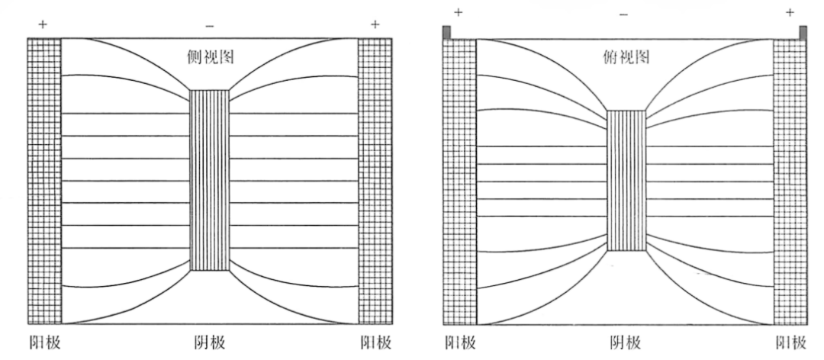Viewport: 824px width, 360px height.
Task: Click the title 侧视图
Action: tap(211, 57)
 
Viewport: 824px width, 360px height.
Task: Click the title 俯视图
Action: tap(626, 57)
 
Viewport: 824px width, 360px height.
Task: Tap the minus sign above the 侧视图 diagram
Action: tap(209, 26)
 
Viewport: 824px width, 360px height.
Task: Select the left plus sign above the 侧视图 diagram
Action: tap(43, 24)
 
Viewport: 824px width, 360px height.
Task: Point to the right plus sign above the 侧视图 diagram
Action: tap(375, 24)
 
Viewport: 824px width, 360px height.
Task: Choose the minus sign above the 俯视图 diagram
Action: tap(623, 14)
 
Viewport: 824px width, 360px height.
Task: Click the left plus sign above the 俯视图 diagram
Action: tap(459, 13)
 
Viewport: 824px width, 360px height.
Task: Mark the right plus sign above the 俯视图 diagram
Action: tap(790, 13)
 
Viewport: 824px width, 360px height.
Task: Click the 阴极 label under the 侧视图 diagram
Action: tap(209, 343)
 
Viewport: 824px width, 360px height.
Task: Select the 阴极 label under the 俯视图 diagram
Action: tap(626, 343)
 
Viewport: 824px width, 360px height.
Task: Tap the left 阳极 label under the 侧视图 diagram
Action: tap(45, 343)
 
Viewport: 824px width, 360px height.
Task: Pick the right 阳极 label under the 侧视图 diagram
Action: tap(375, 343)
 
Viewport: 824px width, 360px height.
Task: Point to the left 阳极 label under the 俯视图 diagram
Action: tap(460, 343)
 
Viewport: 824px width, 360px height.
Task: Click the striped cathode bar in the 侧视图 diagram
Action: tap(210, 180)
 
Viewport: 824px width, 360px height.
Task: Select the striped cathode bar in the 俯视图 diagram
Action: tap(626, 181)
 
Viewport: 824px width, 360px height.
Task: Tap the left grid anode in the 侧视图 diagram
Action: tap(45, 181)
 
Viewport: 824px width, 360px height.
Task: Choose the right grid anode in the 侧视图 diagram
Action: tap(375, 181)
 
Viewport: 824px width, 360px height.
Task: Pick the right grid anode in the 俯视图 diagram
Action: tap(790, 182)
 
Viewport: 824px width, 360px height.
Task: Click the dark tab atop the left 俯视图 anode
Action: tap(446, 32)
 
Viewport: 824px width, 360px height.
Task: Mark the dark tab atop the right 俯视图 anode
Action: tap(803, 32)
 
